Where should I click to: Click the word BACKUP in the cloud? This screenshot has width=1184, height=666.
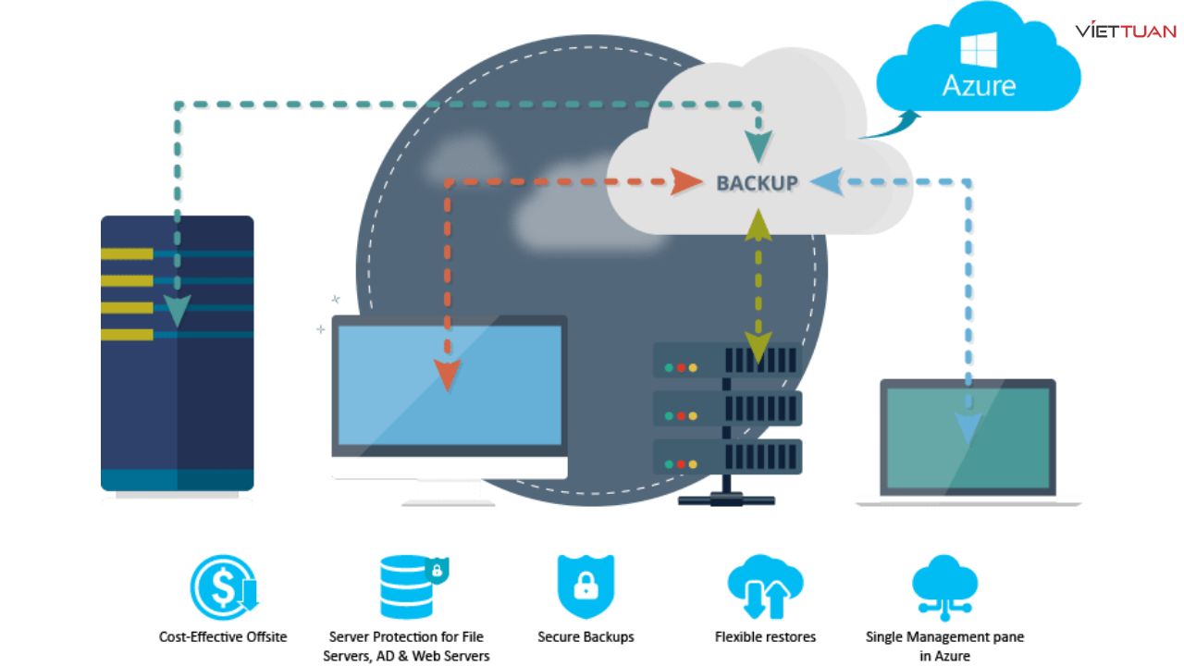click(757, 182)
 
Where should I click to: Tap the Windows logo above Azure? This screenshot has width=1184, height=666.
click(979, 47)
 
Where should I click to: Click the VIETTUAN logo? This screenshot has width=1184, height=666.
click(1125, 31)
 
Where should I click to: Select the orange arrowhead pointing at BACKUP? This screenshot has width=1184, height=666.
click(686, 181)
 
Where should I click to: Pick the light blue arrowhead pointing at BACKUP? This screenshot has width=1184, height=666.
click(827, 181)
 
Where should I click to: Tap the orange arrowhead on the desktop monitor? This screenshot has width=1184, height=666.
click(448, 375)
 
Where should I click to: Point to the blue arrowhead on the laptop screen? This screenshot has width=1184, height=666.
click(968, 428)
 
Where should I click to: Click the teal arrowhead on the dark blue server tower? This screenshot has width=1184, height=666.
click(177, 311)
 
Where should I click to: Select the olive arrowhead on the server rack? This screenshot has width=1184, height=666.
click(758, 349)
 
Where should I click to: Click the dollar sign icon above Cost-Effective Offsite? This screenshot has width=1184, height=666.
click(222, 586)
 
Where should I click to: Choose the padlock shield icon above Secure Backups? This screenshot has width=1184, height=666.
click(586, 586)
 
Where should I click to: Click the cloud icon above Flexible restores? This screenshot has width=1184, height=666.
click(765, 586)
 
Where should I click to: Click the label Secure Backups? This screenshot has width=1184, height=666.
click(586, 636)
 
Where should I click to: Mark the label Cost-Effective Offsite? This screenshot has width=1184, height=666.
click(223, 636)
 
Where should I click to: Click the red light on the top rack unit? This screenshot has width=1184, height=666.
click(681, 367)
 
